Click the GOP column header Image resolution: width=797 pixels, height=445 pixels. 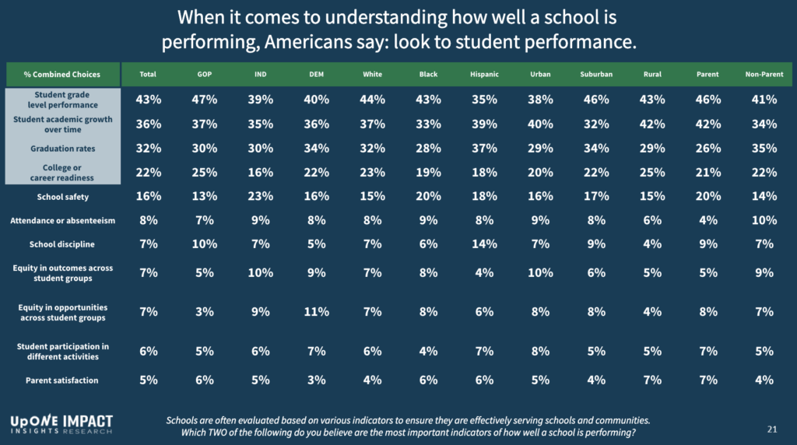pyautogui.click(x=205, y=75)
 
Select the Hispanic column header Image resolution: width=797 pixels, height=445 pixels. pyautogui.click(x=485, y=75)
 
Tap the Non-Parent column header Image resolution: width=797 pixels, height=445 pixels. pyautogui.click(x=764, y=75)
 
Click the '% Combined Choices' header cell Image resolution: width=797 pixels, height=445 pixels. pyautogui.click(x=62, y=75)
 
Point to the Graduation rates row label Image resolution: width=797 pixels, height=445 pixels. pyautogui.click(x=62, y=148)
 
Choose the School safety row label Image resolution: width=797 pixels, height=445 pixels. pyautogui.click(x=62, y=197)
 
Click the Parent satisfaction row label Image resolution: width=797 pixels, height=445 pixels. pyautogui.click(x=62, y=380)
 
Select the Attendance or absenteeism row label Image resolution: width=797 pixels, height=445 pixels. pyautogui.click(x=62, y=220)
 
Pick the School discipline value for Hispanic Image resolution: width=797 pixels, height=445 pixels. pyautogui.click(x=485, y=244)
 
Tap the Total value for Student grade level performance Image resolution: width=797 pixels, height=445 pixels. pyautogui.click(x=148, y=100)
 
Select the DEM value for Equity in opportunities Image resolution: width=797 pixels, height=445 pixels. pyautogui.click(x=317, y=312)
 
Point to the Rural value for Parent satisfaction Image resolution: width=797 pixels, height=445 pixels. pyautogui.click(x=653, y=380)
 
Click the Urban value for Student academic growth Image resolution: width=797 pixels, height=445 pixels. pyautogui.click(x=540, y=124)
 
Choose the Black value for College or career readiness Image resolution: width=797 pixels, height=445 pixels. pyautogui.click(x=429, y=172)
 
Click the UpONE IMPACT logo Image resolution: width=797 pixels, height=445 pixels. pyautogui.click(x=61, y=423)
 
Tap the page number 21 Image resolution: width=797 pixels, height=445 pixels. pyautogui.click(x=772, y=429)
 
